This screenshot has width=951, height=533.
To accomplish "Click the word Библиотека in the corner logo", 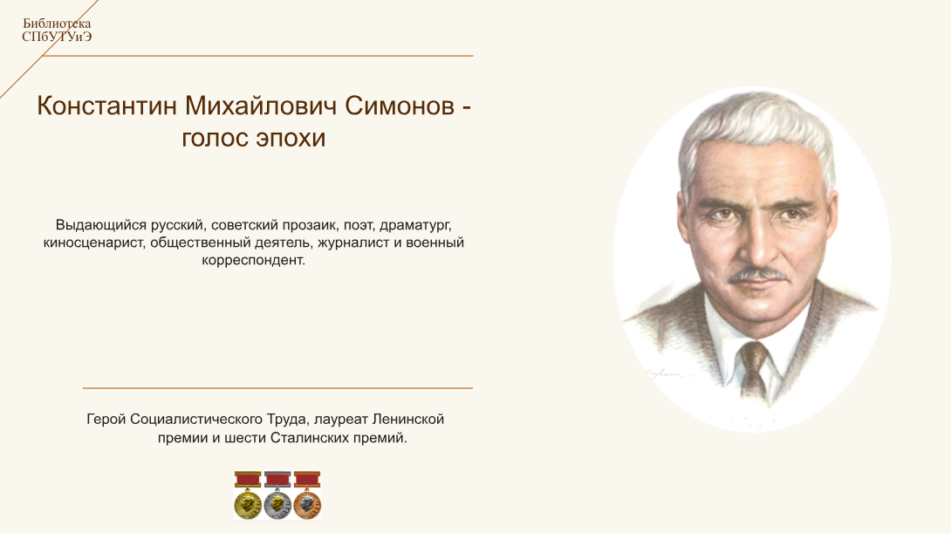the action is point(57,24).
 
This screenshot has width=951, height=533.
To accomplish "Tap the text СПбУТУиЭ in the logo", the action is point(57,37).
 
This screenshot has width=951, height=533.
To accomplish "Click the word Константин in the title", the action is point(106,106).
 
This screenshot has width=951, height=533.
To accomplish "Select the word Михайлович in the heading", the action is point(261,106).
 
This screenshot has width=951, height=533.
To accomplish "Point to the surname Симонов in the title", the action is point(400,106).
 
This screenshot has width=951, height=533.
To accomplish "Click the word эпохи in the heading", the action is point(291,139).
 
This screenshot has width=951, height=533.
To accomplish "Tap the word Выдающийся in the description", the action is point(101,226).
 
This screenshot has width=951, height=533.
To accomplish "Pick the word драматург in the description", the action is point(415,226).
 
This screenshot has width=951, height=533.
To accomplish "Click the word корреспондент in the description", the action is point(254,260).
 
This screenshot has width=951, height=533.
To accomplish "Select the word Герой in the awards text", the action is point(106,419).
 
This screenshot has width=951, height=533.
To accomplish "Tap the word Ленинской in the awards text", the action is point(408,419).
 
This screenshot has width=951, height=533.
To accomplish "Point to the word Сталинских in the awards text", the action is point(307,438).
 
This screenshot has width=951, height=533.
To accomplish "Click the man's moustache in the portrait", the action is point(758,276).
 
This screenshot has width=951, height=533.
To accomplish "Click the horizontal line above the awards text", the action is point(277,387).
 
